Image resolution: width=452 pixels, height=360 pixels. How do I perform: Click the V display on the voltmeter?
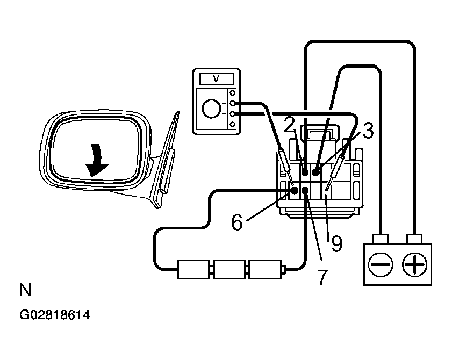[217, 78]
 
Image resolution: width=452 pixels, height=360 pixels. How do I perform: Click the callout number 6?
[237, 221]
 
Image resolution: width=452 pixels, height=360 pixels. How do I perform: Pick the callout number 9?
[336, 243]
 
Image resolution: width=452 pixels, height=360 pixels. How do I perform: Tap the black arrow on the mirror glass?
[97, 159]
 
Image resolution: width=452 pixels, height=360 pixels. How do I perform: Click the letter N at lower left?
[25, 291]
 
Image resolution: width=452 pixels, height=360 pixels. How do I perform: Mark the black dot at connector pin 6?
[294, 190]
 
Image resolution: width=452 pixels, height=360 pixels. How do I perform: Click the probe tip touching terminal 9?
[328, 189]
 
